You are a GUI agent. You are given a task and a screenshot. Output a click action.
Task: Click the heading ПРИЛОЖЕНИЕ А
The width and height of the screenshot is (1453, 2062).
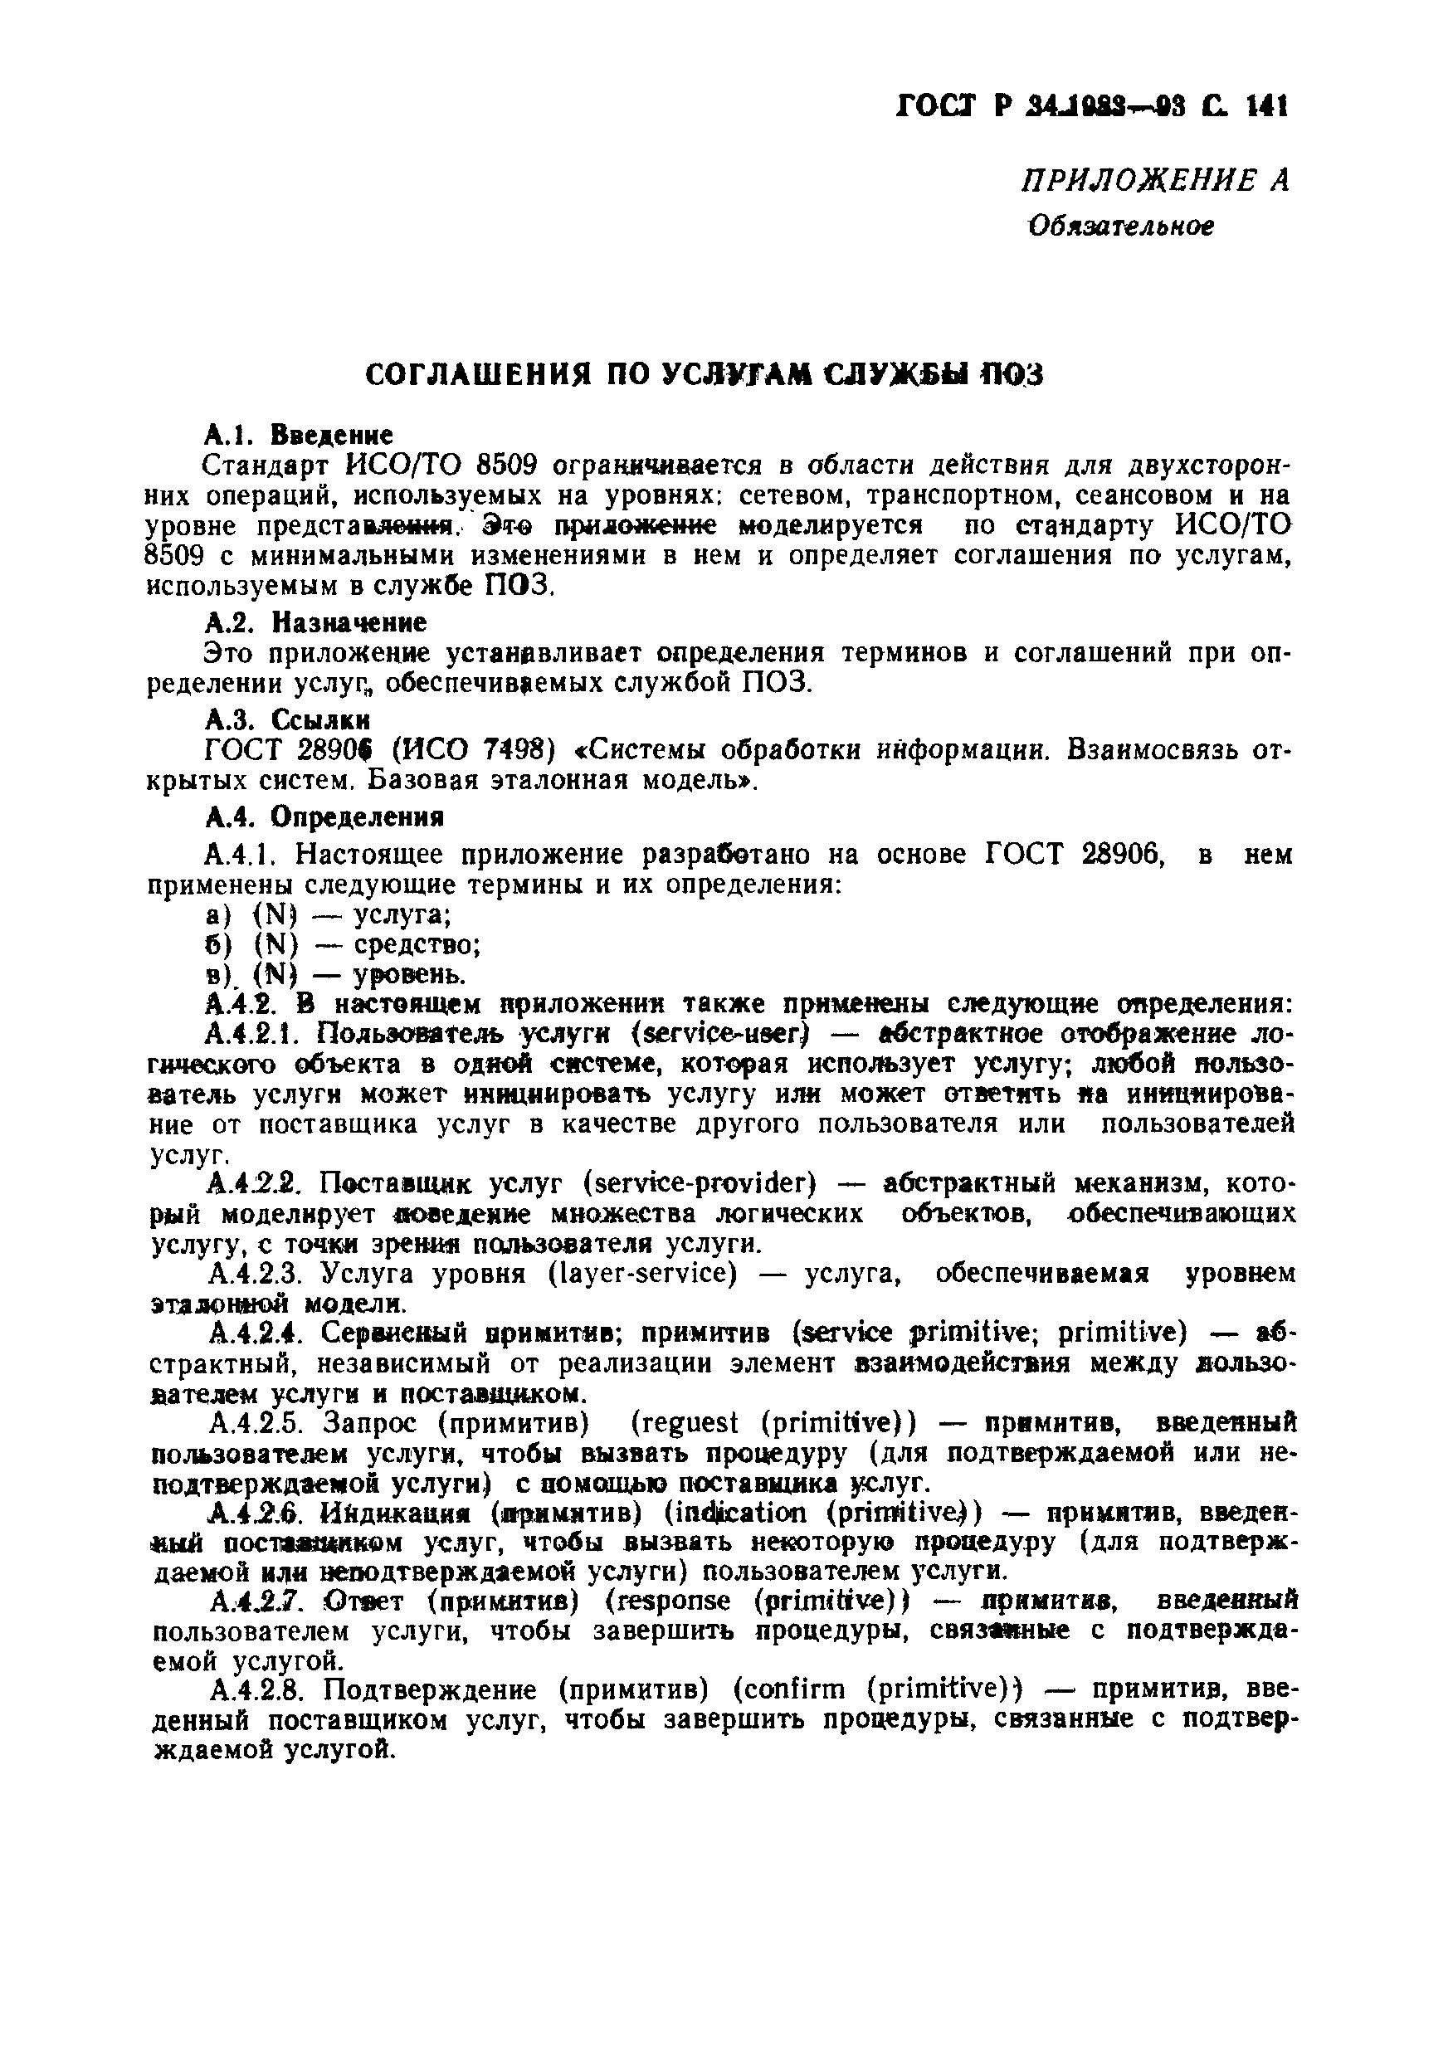(1155, 182)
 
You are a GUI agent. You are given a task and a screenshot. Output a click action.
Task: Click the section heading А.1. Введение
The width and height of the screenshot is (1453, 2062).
(299, 436)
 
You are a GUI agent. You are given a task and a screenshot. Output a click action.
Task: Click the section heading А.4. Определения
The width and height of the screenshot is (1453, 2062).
(325, 817)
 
